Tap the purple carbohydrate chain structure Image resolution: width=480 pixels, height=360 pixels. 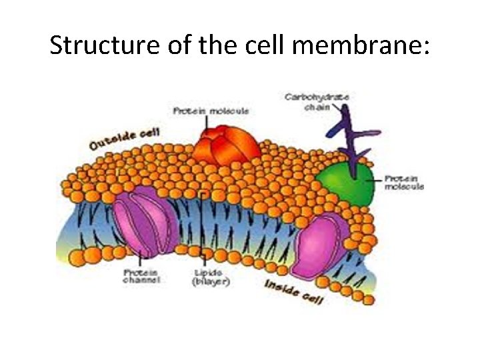[x=351, y=137]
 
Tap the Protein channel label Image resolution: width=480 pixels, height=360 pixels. [x=141, y=277]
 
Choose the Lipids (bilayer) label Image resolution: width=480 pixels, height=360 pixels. [x=211, y=278]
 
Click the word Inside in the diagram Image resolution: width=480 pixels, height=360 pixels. [x=281, y=288]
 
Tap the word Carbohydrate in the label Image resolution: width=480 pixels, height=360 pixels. [x=307, y=97]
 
